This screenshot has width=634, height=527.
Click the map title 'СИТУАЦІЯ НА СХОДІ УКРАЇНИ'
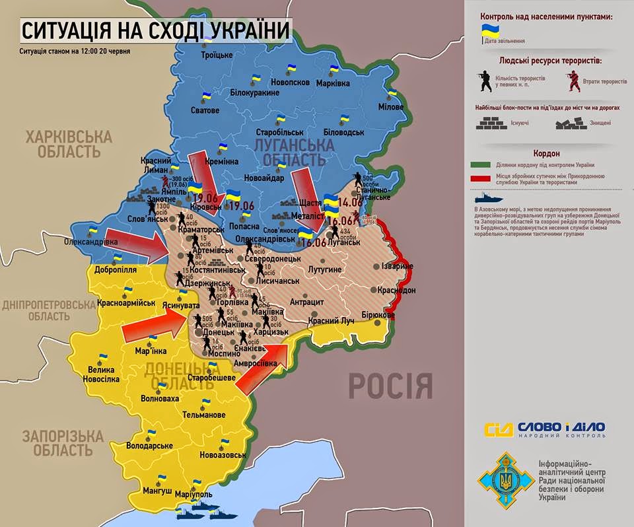point(156,31)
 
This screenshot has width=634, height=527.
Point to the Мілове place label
point(392,106)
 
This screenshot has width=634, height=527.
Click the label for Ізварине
point(395,265)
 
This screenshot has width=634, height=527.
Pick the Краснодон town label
point(396,291)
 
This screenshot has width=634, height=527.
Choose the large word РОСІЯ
point(390,385)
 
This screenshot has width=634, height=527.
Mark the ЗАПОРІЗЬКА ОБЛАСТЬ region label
point(63,443)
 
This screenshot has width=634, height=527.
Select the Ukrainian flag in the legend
point(490,30)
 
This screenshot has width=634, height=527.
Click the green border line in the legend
point(488,164)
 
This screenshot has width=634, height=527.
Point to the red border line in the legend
point(488,178)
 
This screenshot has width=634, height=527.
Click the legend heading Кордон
point(546,153)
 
